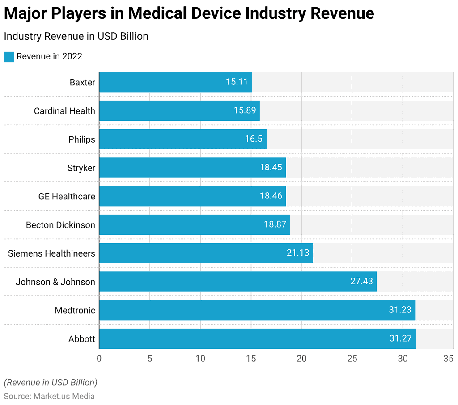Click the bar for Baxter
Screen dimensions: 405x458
(x=175, y=82)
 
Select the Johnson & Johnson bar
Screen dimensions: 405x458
(x=237, y=282)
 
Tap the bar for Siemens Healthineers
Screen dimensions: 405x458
(x=206, y=253)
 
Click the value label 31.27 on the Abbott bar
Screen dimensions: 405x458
(x=400, y=338)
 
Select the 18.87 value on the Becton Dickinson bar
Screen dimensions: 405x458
(x=275, y=224)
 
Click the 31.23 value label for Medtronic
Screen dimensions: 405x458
(x=399, y=310)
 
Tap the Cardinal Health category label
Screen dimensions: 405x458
(x=64, y=111)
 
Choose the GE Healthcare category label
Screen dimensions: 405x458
(x=67, y=196)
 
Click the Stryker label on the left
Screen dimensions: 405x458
(x=81, y=168)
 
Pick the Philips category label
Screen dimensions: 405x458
(x=81, y=139)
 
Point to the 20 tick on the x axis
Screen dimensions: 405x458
(x=301, y=359)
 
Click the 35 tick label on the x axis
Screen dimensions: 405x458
(x=448, y=359)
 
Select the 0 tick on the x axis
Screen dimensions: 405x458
(x=99, y=359)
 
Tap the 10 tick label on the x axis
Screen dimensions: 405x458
(x=200, y=359)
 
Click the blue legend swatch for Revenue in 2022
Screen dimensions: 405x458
(x=9, y=57)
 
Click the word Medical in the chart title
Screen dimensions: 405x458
(x=157, y=13)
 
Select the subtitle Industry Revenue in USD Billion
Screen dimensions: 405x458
(x=76, y=36)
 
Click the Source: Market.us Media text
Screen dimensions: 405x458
(x=49, y=396)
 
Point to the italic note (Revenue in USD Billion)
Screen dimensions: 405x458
(x=51, y=383)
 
